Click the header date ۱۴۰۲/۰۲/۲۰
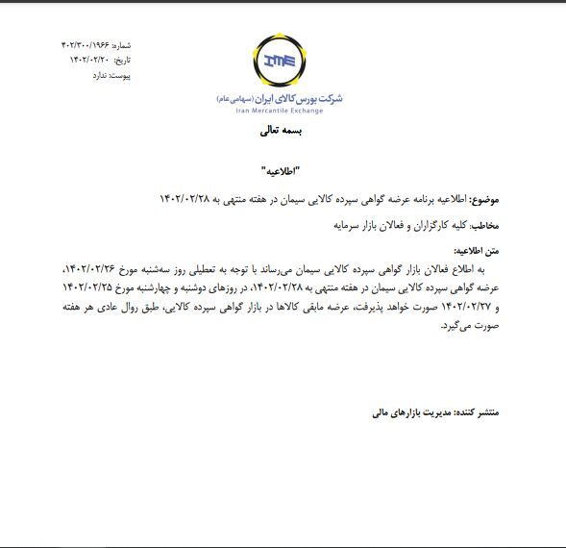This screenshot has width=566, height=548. pyautogui.click(x=90, y=60)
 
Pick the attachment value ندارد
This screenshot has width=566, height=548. pyautogui.click(x=97, y=74)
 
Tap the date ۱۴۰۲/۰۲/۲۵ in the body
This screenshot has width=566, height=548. pyautogui.click(x=91, y=289)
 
